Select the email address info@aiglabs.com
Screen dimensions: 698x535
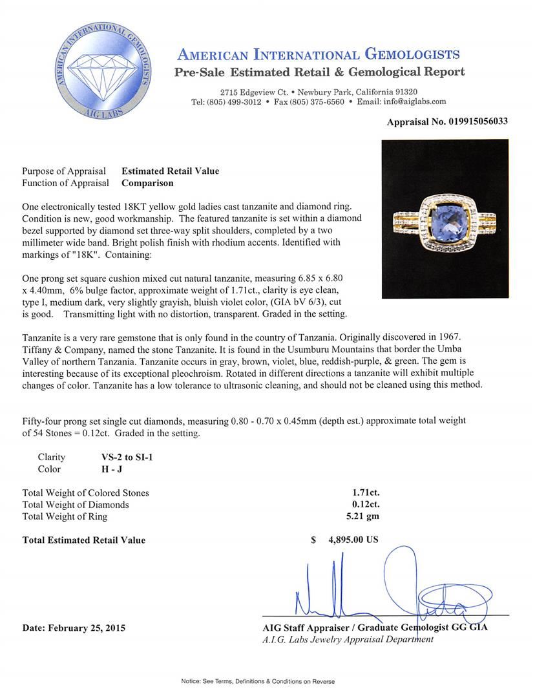[x=410, y=101]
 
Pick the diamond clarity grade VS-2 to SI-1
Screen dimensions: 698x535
[x=123, y=457]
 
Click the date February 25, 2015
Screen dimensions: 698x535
[x=74, y=628]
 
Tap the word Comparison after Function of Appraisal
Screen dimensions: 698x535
[x=147, y=183]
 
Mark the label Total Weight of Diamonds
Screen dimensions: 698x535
[x=76, y=505]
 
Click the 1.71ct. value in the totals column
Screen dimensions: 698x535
[x=366, y=493]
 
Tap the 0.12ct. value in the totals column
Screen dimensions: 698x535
[x=366, y=505]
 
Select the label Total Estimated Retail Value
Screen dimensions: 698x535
[x=84, y=540]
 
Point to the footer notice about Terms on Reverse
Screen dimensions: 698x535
[x=267, y=681]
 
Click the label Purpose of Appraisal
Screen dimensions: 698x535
[x=64, y=171]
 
